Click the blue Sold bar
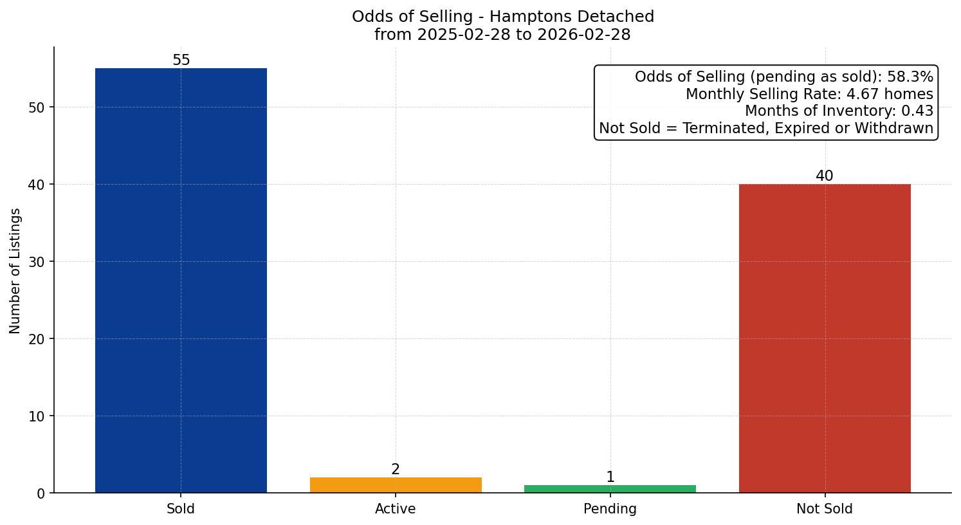coord(181,281)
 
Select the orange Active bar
coord(396,485)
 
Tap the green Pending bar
coord(610,489)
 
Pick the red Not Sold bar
coord(825,338)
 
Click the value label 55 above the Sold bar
coord(181,60)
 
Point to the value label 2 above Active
coord(396,470)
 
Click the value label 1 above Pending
coord(610,477)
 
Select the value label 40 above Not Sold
coord(825,176)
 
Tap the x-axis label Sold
coord(181,509)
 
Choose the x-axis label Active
coord(396,509)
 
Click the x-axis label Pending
coord(610,509)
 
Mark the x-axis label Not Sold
coord(825,509)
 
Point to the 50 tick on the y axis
coord(37,107)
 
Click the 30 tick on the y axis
coord(37,262)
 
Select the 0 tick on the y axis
coord(41,493)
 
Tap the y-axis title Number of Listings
coord(15,271)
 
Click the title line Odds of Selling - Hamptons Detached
coord(503,17)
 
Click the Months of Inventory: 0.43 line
coord(839,111)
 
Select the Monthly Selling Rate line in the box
coord(809,95)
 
